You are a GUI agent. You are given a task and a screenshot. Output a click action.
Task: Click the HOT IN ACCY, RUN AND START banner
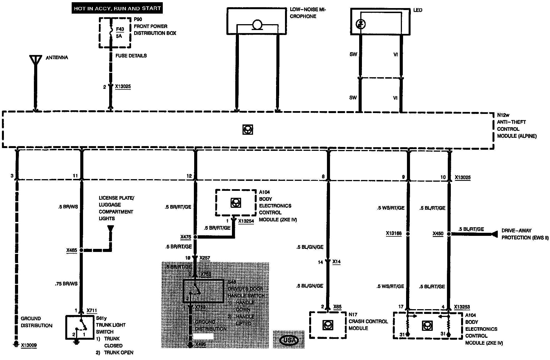[x=117, y=8]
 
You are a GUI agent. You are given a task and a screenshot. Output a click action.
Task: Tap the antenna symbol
[x=35, y=60]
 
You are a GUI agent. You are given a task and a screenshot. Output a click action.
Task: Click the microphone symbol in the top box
[x=257, y=25]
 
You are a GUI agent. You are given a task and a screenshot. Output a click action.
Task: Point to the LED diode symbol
[x=361, y=24]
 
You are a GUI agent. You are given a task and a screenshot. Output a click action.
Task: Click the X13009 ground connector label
[x=29, y=345]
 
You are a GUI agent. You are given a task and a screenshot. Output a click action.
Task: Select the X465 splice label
[x=71, y=250]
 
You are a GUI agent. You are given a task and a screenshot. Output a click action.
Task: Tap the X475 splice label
[x=186, y=237]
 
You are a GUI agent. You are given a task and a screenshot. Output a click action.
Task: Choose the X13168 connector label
[x=394, y=233]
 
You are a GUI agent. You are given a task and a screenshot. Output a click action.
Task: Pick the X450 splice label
[x=438, y=234]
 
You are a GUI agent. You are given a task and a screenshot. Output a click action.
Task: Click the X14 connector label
[x=336, y=262]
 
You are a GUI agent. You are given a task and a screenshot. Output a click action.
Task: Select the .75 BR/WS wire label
[x=66, y=284]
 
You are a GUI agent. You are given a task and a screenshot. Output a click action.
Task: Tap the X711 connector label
[x=92, y=311]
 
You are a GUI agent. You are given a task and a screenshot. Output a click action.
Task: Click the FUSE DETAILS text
[x=131, y=56]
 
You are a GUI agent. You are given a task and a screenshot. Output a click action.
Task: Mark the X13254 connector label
[x=246, y=221]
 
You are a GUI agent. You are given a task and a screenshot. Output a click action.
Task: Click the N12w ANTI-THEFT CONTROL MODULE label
[x=517, y=126]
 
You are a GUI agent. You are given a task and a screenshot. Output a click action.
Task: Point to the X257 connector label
[x=205, y=258]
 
